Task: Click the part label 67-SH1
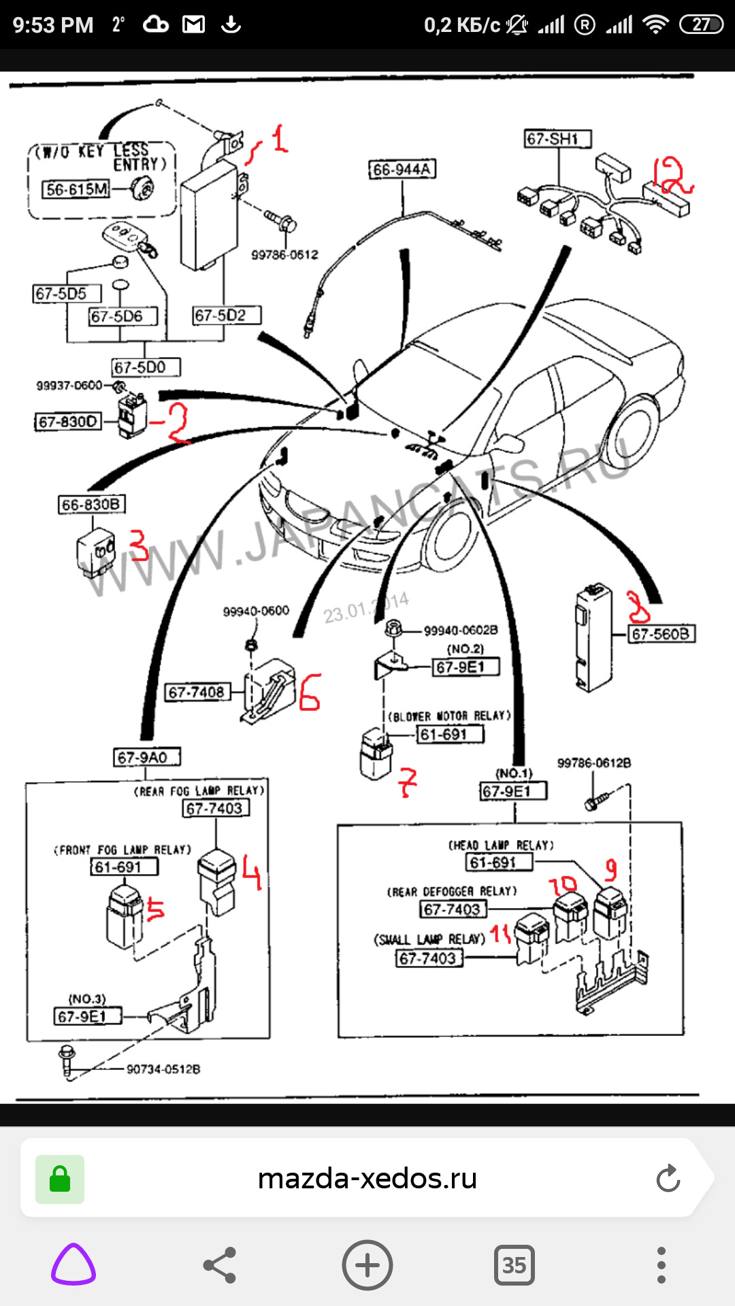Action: click(557, 139)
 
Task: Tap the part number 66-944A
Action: click(402, 169)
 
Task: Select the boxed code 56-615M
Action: click(76, 189)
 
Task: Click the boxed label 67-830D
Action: click(67, 422)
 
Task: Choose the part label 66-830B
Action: click(91, 505)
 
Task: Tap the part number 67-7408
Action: click(197, 692)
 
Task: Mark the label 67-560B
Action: click(660, 634)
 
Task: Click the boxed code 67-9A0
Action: click(146, 757)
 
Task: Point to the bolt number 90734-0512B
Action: click(163, 1069)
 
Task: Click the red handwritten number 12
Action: click(670, 175)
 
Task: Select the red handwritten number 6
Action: click(310, 692)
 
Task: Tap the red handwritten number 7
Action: click(408, 782)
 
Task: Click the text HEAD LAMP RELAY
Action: click(501, 845)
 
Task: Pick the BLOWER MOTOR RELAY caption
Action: click(449, 716)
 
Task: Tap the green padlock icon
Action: click(60, 1179)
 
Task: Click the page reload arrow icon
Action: click(668, 1179)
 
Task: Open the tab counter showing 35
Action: click(514, 1265)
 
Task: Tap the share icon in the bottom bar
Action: click(220, 1265)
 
